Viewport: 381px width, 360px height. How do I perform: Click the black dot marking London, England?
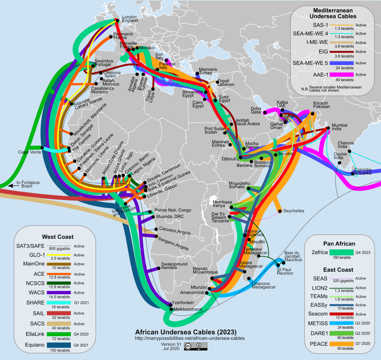(x=117, y=21)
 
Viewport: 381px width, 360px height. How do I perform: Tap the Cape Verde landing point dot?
(x=42, y=148)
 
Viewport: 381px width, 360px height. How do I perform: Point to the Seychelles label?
(x=293, y=211)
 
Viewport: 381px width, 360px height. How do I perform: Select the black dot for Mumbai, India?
(x=328, y=128)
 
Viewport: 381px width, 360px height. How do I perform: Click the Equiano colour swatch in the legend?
(x=59, y=345)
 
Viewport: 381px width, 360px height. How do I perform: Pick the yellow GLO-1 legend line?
(x=59, y=255)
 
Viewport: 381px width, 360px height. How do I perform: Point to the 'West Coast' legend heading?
(x=57, y=237)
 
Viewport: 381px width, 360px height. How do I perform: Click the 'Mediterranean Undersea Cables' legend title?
(x=333, y=13)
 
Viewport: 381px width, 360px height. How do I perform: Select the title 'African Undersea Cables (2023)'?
(x=186, y=332)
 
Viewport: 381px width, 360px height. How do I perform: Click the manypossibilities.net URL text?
(x=190, y=338)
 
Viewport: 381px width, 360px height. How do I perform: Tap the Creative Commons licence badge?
(x=196, y=346)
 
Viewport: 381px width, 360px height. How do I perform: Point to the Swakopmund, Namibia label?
(x=174, y=266)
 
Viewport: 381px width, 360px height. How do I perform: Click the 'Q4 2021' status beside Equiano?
(x=81, y=345)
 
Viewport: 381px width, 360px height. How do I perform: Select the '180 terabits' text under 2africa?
(x=342, y=257)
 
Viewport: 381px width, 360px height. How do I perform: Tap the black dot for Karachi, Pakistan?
(x=312, y=114)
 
